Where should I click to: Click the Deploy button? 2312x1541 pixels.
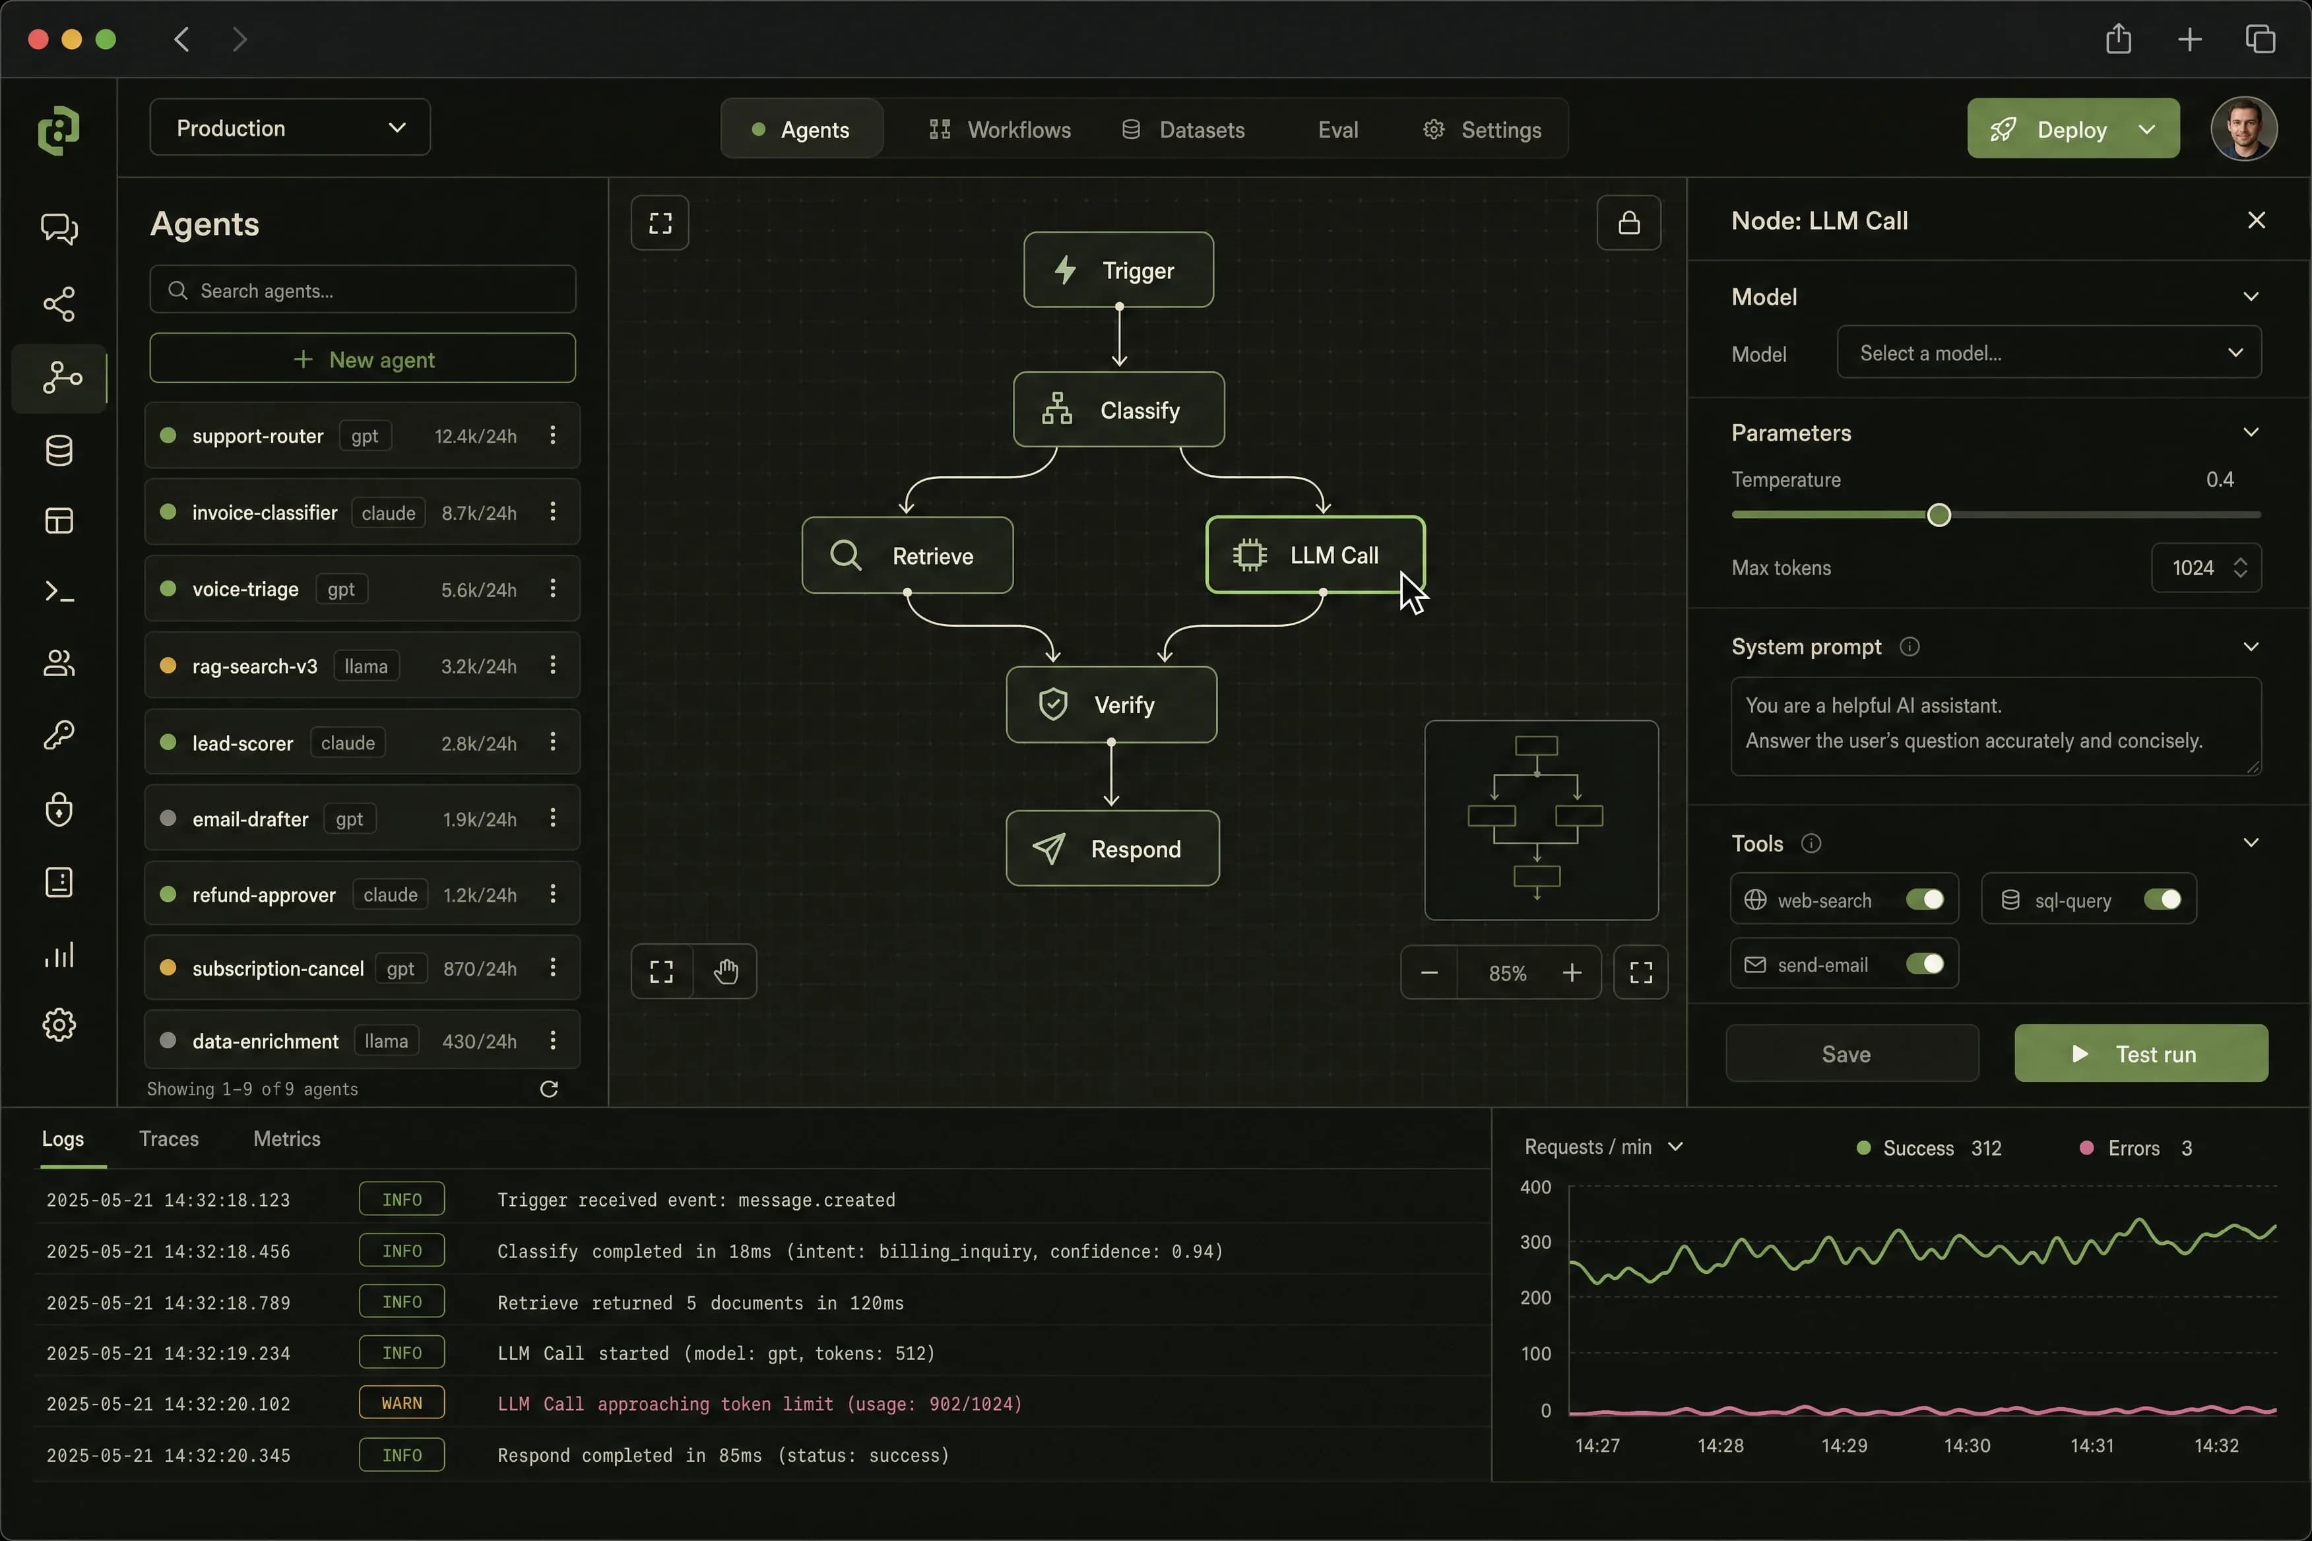click(x=2072, y=129)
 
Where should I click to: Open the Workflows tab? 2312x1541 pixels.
click(x=1000, y=130)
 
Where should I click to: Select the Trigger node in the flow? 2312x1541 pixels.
click(x=1118, y=270)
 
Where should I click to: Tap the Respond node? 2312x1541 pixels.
click(x=1112, y=848)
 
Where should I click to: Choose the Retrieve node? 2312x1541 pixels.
click(x=907, y=555)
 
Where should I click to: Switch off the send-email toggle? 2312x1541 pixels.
click(x=1925, y=964)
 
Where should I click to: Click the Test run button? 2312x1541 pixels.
click(x=2141, y=1054)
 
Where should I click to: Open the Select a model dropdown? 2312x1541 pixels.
click(x=2049, y=353)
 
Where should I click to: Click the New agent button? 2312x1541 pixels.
click(x=363, y=359)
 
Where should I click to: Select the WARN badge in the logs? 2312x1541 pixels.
click(x=401, y=1403)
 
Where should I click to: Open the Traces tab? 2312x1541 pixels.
click(x=169, y=1138)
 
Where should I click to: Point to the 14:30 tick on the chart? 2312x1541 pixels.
click(x=1966, y=1445)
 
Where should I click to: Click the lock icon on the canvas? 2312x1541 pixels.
click(x=1629, y=223)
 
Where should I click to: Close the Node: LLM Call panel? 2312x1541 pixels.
click(x=2256, y=220)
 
